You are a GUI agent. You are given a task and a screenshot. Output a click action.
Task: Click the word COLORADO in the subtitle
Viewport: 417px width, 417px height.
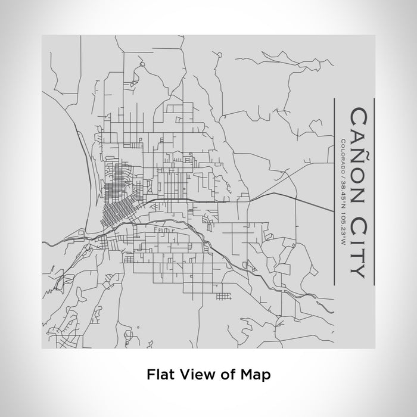point(343,155)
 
